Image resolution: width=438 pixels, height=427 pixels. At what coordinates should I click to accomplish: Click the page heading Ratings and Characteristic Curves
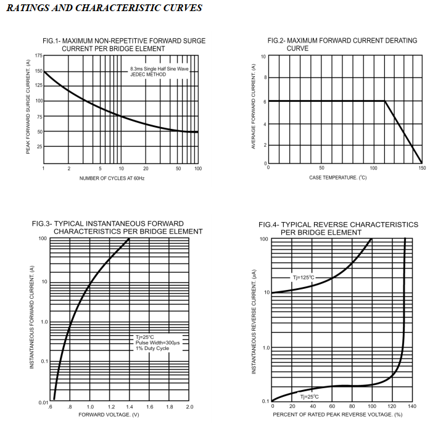[104, 9]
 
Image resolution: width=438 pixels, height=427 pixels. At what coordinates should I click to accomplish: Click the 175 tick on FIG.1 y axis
[38, 56]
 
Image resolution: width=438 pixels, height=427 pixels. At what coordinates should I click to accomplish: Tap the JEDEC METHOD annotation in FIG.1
[149, 75]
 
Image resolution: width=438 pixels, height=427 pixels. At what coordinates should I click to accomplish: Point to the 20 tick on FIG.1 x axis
[146, 168]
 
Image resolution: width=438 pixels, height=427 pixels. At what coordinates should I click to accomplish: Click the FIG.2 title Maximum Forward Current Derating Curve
[342, 44]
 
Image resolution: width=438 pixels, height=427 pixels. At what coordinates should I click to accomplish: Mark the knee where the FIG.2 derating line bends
[385, 101]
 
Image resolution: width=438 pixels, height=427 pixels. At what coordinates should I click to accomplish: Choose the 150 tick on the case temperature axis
[422, 168]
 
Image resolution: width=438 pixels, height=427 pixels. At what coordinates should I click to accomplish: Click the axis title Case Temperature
[338, 178]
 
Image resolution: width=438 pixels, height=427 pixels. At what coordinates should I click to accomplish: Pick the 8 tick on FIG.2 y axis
[264, 78]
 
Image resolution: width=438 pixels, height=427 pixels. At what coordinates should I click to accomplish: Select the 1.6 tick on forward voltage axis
[150, 407]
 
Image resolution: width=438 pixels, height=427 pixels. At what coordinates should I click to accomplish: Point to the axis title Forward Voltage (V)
[109, 415]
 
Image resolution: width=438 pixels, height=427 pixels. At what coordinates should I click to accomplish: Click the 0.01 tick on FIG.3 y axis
[44, 403]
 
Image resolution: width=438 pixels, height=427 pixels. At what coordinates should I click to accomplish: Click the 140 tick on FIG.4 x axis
[412, 406]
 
